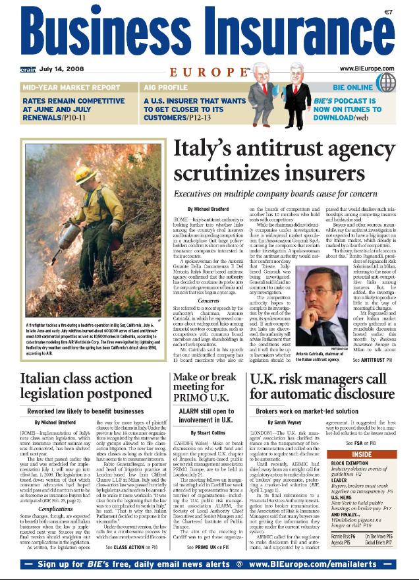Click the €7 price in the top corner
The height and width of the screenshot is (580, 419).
pyautogui.click(x=406, y=11)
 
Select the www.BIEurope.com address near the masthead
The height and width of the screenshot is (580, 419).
pyautogui.click(x=374, y=68)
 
